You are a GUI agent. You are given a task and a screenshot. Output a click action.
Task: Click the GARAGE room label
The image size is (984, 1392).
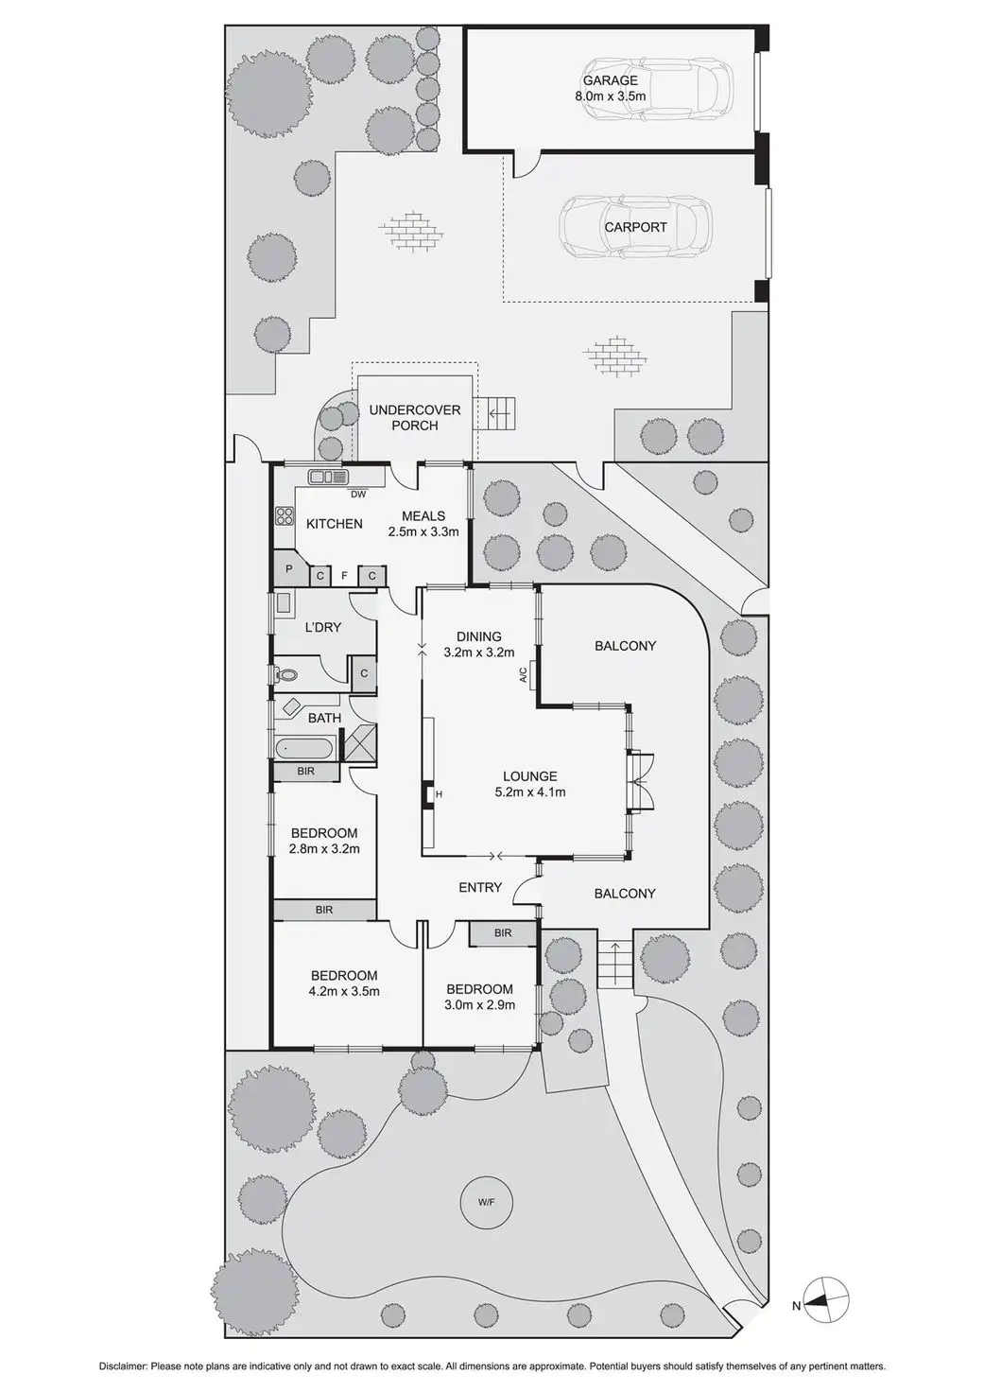pos(610,81)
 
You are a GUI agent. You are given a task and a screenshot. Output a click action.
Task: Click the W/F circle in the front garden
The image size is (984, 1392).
pos(486,1204)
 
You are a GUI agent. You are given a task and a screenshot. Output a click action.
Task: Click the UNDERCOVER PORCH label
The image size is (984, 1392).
pos(415,417)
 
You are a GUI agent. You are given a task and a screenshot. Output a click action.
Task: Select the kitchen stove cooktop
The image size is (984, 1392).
pos(285,515)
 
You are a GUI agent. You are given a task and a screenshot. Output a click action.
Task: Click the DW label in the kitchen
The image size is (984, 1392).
pos(358,494)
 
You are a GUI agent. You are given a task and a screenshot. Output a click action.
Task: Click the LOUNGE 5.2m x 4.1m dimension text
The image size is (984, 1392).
pos(530,792)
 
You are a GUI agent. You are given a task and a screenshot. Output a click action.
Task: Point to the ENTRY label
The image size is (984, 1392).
pos(480,887)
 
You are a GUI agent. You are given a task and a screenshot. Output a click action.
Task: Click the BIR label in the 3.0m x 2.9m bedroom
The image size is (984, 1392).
pos(503,932)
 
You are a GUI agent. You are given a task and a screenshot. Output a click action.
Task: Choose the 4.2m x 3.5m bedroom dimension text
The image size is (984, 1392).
pos(344,991)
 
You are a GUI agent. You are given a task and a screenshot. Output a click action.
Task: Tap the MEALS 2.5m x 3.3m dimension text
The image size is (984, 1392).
pos(423,531)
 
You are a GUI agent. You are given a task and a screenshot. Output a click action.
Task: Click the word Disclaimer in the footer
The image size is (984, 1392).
pos(123,1366)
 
